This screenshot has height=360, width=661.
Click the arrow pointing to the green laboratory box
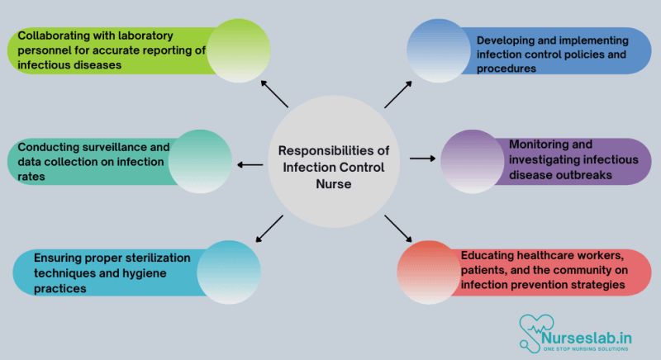(274, 94)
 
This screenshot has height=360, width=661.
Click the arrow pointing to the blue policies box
(398, 94)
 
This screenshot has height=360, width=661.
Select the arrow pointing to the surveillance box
(250, 164)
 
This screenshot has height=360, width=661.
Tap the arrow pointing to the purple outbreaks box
(422, 158)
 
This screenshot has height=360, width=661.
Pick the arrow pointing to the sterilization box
(270, 229)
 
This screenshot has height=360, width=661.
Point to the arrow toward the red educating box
(398, 229)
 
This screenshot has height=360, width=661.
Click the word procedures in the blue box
(507, 69)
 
